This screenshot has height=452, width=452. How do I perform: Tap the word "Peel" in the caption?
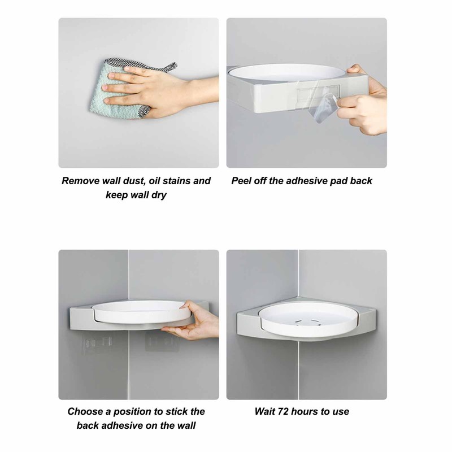[242, 181]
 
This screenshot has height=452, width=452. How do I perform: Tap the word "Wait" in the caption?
[265, 411]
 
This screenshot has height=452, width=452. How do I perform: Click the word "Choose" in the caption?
[85, 411]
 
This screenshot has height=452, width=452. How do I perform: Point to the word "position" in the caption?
[130, 411]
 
